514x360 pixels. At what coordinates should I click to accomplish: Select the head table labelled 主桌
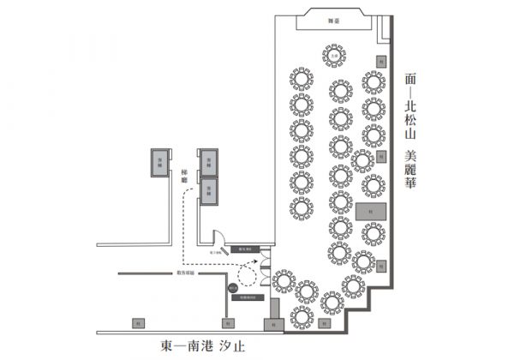[x=332, y=56]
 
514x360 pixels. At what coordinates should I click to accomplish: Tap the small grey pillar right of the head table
[x=380, y=59]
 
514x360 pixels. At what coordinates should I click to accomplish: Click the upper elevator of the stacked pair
[x=208, y=159]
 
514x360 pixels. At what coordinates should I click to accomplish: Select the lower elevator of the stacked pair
[x=208, y=189]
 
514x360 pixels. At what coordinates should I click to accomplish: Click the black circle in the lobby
[x=233, y=290]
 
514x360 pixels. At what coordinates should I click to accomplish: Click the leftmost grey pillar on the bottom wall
[x=137, y=323]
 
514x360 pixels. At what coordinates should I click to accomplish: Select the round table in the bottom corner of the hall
[x=302, y=317]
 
